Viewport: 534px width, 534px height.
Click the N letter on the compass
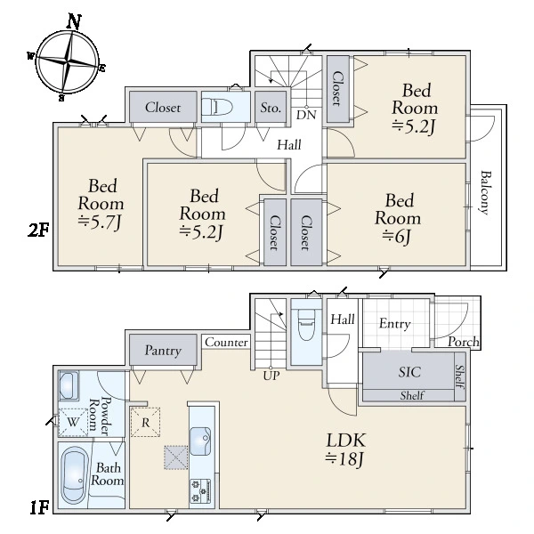[x=74, y=21]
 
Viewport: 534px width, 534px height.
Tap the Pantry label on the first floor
[x=163, y=351]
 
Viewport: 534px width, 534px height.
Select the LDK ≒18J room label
[x=345, y=449]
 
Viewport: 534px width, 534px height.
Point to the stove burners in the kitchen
[x=200, y=490]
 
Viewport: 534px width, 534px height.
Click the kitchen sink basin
[x=200, y=441]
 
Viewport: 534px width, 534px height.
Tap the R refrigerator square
[x=145, y=422]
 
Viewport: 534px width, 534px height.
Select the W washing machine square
[x=73, y=422]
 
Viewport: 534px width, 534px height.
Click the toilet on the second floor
[x=217, y=108]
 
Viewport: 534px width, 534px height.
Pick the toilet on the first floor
[x=306, y=324]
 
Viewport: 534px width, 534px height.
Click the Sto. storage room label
[x=271, y=108]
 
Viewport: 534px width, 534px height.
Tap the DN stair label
[x=306, y=115]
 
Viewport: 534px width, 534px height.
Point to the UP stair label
[x=271, y=376]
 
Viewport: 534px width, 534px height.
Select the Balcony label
[x=485, y=193]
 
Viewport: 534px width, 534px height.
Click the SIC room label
[x=409, y=372]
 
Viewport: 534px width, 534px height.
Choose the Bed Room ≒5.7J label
[x=101, y=205]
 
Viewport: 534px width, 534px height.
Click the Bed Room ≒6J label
[x=398, y=219]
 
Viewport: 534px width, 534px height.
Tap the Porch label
[x=464, y=342]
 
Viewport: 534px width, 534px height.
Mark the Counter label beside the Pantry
[x=226, y=342]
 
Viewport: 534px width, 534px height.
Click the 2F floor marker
[x=38, y=231]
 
